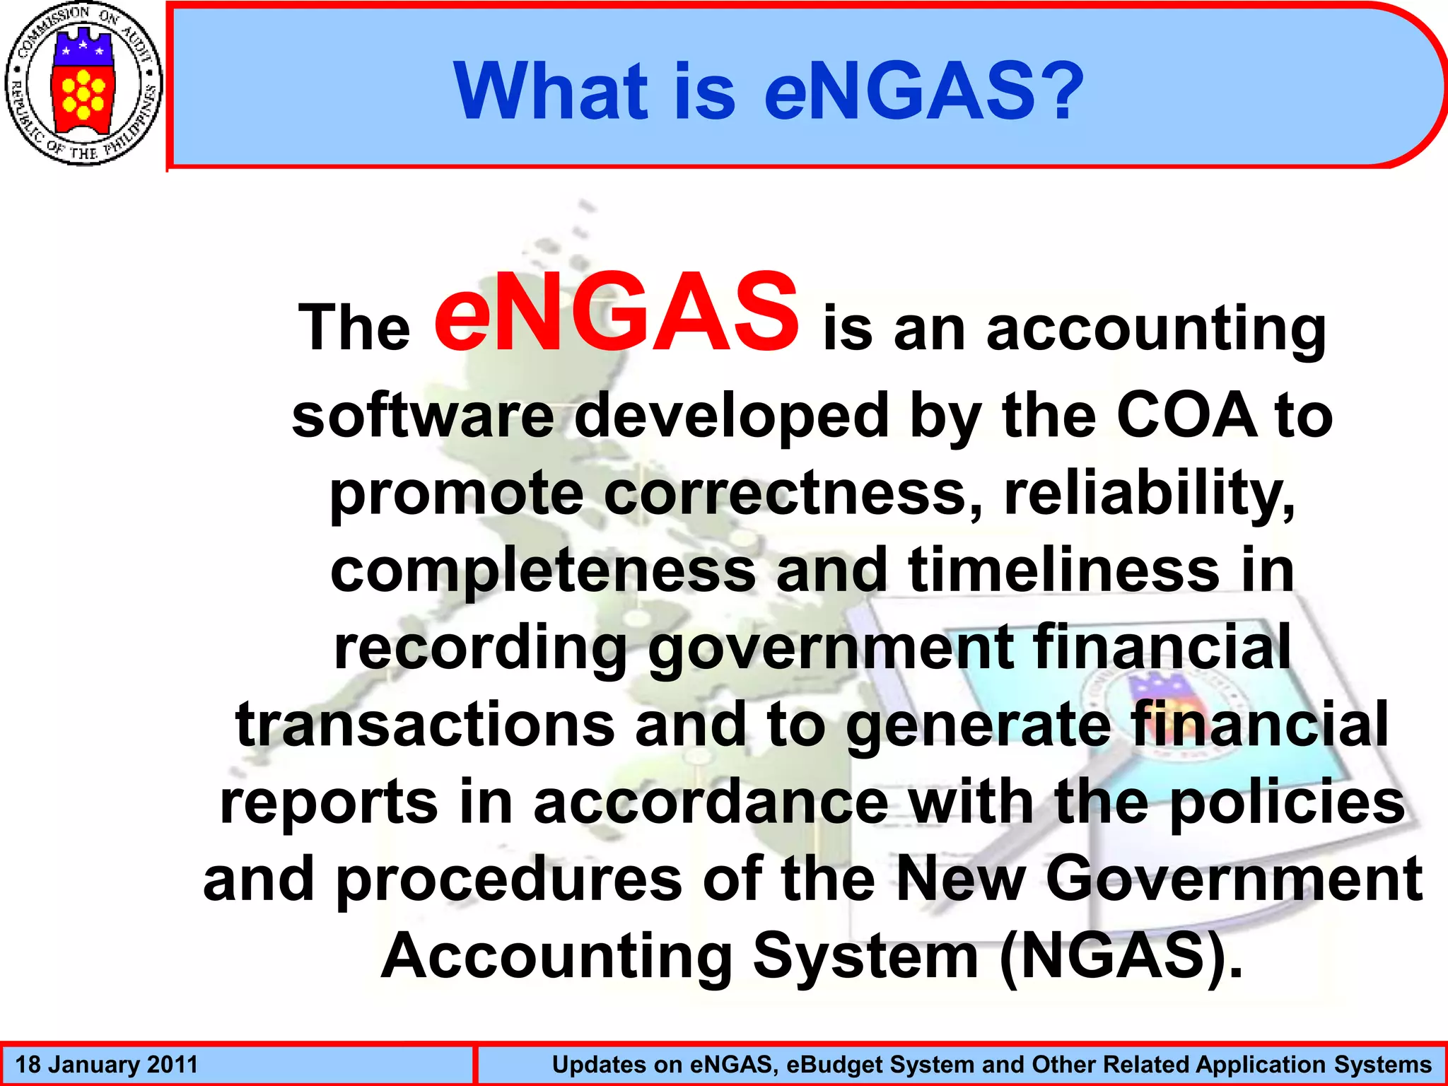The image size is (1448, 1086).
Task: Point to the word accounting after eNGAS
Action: [x=1155, y=329]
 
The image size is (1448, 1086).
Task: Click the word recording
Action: [x=481, y=649]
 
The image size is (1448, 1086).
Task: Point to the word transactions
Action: [x=425, y=725]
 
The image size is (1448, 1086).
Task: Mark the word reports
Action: [x=329, y=803]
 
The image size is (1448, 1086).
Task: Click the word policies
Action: [x=1287, y=803]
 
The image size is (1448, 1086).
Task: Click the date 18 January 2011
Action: [x=106, y=1065]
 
